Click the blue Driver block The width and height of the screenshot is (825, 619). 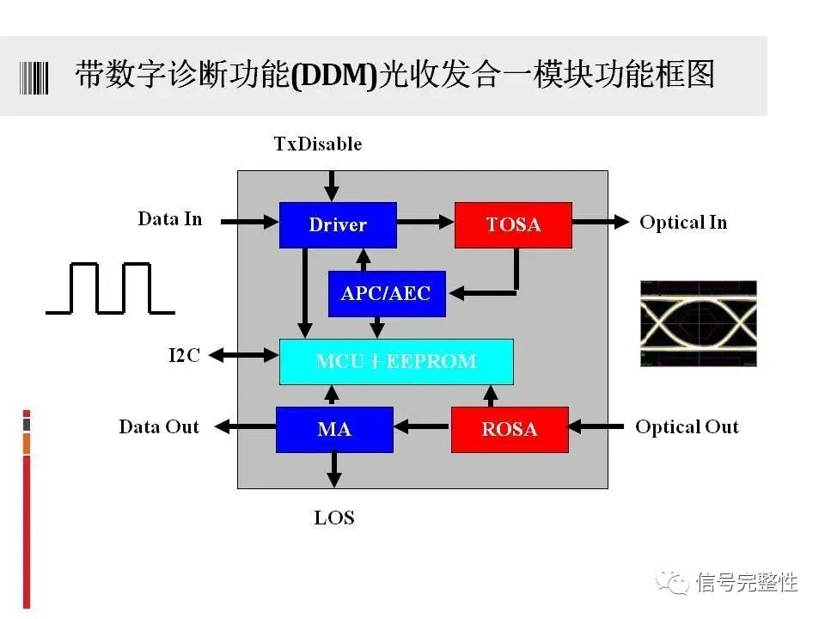tap(338, 225)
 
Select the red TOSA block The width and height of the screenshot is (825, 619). tap(513, 225)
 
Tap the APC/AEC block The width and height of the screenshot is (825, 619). tap(387, 294)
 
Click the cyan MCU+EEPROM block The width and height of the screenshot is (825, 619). tap(396, 361)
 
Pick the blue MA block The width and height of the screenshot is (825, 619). tap(334, 429)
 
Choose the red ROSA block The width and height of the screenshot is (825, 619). tap(510, 429)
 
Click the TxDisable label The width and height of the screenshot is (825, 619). tap(318, 144)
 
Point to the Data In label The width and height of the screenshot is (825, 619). tap(170, 219)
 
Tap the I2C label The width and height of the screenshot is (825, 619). tap(184, 355)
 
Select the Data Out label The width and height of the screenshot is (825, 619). tap(159, 427)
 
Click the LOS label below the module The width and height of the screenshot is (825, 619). tap(334, 518)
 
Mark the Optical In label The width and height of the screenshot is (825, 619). tap(683, 223)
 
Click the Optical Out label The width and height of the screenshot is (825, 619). tap(687, 427)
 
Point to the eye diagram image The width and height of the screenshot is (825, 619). tap(699, 323)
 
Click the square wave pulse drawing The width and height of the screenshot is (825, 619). tap(110, 289)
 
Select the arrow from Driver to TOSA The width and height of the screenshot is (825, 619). tap(425, 223)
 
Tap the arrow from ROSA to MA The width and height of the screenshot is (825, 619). tap(422, 425)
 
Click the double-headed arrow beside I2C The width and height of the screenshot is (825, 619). tap(245, 354)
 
